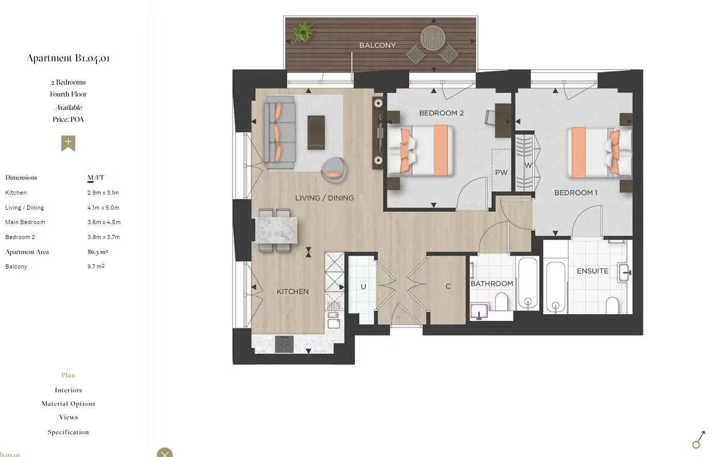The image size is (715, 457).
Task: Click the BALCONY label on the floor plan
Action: click(377, 45)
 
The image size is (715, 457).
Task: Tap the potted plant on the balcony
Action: click(303, 32)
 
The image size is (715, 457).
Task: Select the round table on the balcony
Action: click(433, 38)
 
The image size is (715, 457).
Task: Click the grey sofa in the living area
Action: click(279, 132)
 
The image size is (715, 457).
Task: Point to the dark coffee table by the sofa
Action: click(316, 132)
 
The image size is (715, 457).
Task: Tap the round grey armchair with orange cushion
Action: click(334, 170)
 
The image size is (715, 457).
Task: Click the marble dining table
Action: click(276, 230)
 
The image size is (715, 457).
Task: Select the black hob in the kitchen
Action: click(284, 344)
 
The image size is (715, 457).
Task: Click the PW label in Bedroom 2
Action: click(501, 172)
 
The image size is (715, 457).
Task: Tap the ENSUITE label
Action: click(593, 271)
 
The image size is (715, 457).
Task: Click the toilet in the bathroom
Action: click(501, 302)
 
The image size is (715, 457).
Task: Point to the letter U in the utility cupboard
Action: click(363, 287)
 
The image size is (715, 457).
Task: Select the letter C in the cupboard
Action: click(448, 286)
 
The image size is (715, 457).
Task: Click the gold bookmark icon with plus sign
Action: click(68, 143)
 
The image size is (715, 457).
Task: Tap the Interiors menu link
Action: click(68, 390)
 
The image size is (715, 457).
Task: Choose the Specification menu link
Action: click(68, 432)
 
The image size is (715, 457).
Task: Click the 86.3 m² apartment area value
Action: click(98, 252)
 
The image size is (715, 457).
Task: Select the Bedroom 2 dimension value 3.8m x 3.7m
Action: click(104, 237)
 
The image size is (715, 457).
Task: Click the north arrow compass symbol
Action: click(698, 440)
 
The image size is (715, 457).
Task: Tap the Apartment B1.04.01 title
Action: click(68, 58)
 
